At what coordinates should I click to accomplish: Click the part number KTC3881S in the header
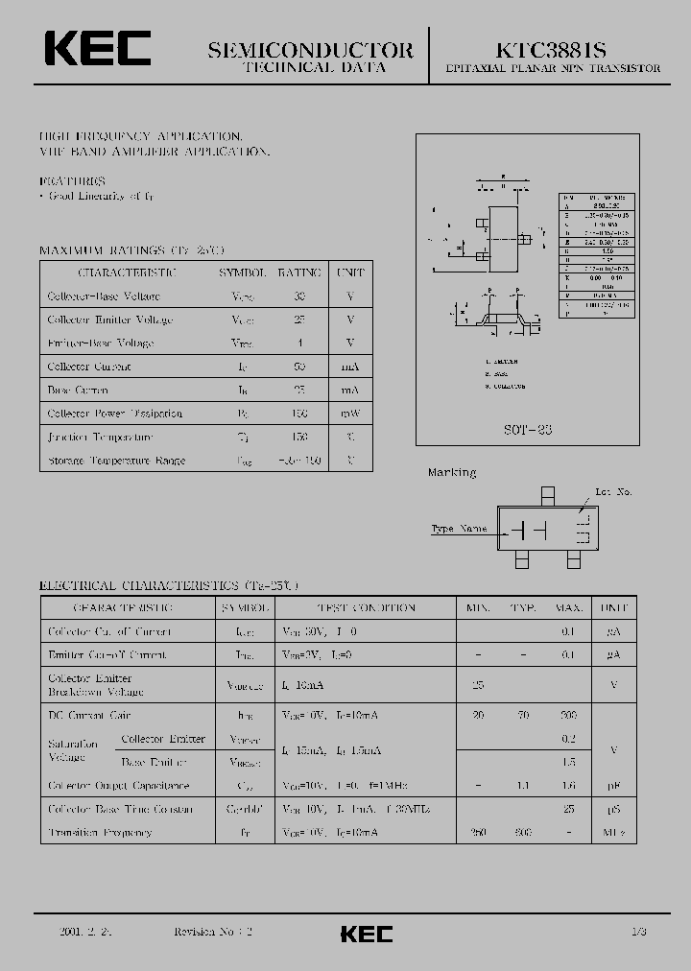coord(551,50)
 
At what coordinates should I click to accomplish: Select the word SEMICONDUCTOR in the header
coord(311,50)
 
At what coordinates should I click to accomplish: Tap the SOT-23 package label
coord(526,430)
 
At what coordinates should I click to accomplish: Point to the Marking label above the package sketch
coord(451,473)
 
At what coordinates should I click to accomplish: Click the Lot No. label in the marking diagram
coord(613,492)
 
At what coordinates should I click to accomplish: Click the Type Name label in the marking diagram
coord(459,529)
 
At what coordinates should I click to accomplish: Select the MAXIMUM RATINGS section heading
coord(131,250)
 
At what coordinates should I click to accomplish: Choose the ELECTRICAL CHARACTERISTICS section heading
coord(169,584)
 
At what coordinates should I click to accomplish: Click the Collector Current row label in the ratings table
coord(89,367)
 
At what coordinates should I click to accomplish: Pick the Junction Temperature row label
coord(100,437)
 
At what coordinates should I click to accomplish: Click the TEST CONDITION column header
coord(366,608)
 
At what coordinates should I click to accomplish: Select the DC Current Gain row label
coord(89,716)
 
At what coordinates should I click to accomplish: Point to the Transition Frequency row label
coord(100,833)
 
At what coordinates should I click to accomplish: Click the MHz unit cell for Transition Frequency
coord(613,833)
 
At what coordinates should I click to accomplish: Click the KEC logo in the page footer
coord(367,934)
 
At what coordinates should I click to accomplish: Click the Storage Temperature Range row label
coord(116,461)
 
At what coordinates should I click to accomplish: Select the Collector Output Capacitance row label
coord(118,786)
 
